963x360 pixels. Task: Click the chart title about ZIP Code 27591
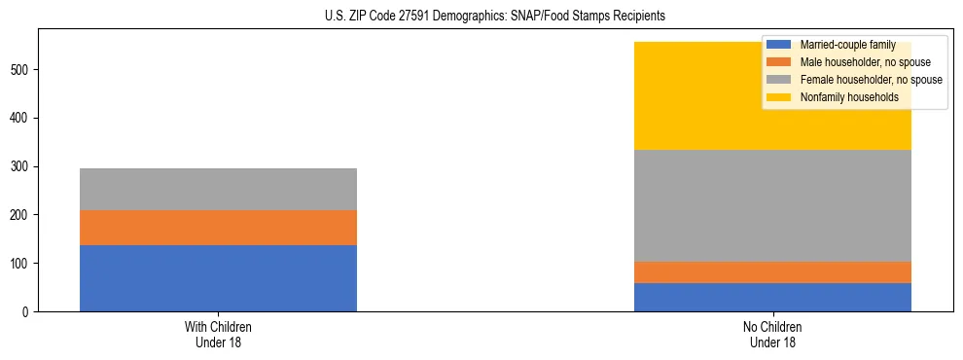(x=495, y=17)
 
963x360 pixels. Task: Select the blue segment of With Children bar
(x=218, y=278)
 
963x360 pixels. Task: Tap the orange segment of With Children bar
(x=218, y=228)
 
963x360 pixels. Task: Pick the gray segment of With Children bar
(x=218, y=189)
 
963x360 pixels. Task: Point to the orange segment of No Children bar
(x=772, y=272)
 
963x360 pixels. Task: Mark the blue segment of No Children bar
(x=772, y=297)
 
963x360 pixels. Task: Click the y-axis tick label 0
(x=28, y=312)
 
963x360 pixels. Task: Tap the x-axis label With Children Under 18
(x=218, y=334)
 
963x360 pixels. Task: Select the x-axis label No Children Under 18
(x=772, y=334)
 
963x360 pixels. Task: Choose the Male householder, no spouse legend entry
(x=855, y=62)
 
